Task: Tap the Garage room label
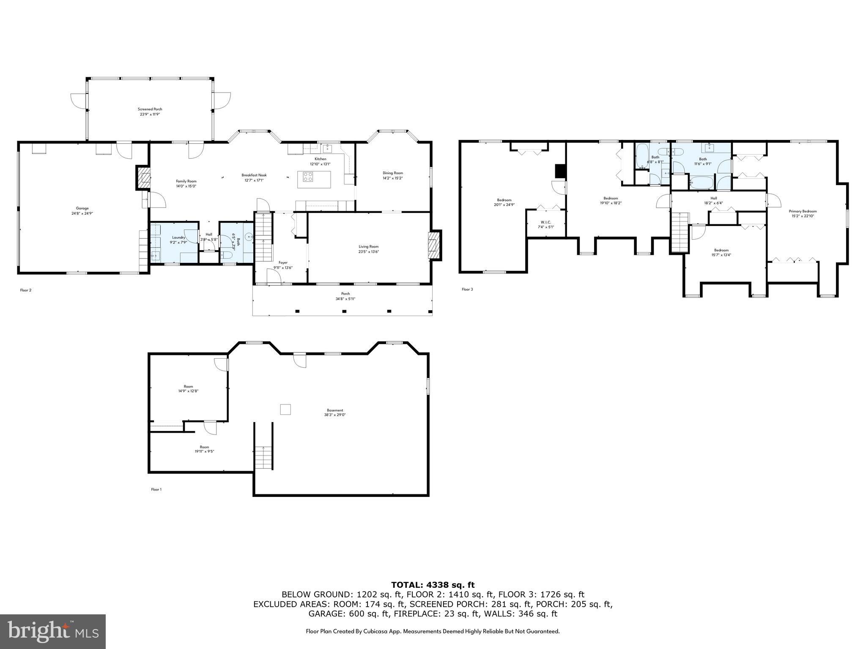coord(82,208)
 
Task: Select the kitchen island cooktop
coord(308,177)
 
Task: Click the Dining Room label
coord(392,173)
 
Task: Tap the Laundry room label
coord(178,237)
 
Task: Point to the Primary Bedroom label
coord(803,211)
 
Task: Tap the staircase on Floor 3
coord(680,232)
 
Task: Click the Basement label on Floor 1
coord(335,410)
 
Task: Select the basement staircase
coord(263,457)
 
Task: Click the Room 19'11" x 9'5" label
coord(204,447)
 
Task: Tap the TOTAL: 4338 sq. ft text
coord(433,585)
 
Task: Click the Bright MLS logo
coord(53,631)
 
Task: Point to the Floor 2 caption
coord(26,290)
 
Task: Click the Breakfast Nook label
coord(254,175)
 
